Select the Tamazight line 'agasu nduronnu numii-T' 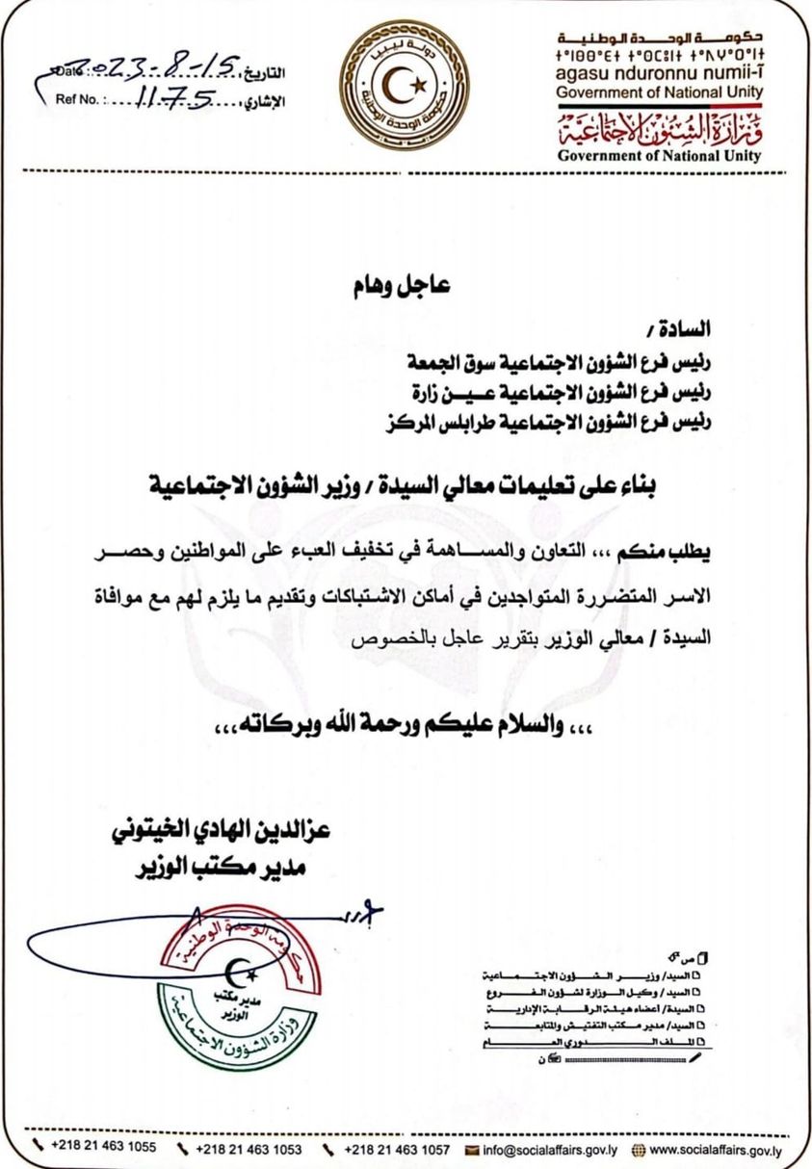pos(659,72)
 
